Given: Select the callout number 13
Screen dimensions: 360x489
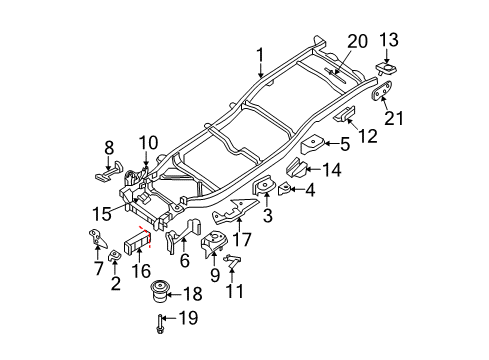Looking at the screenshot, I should [391, 40].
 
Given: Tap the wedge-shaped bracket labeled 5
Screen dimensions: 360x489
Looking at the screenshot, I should [314, 143].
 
